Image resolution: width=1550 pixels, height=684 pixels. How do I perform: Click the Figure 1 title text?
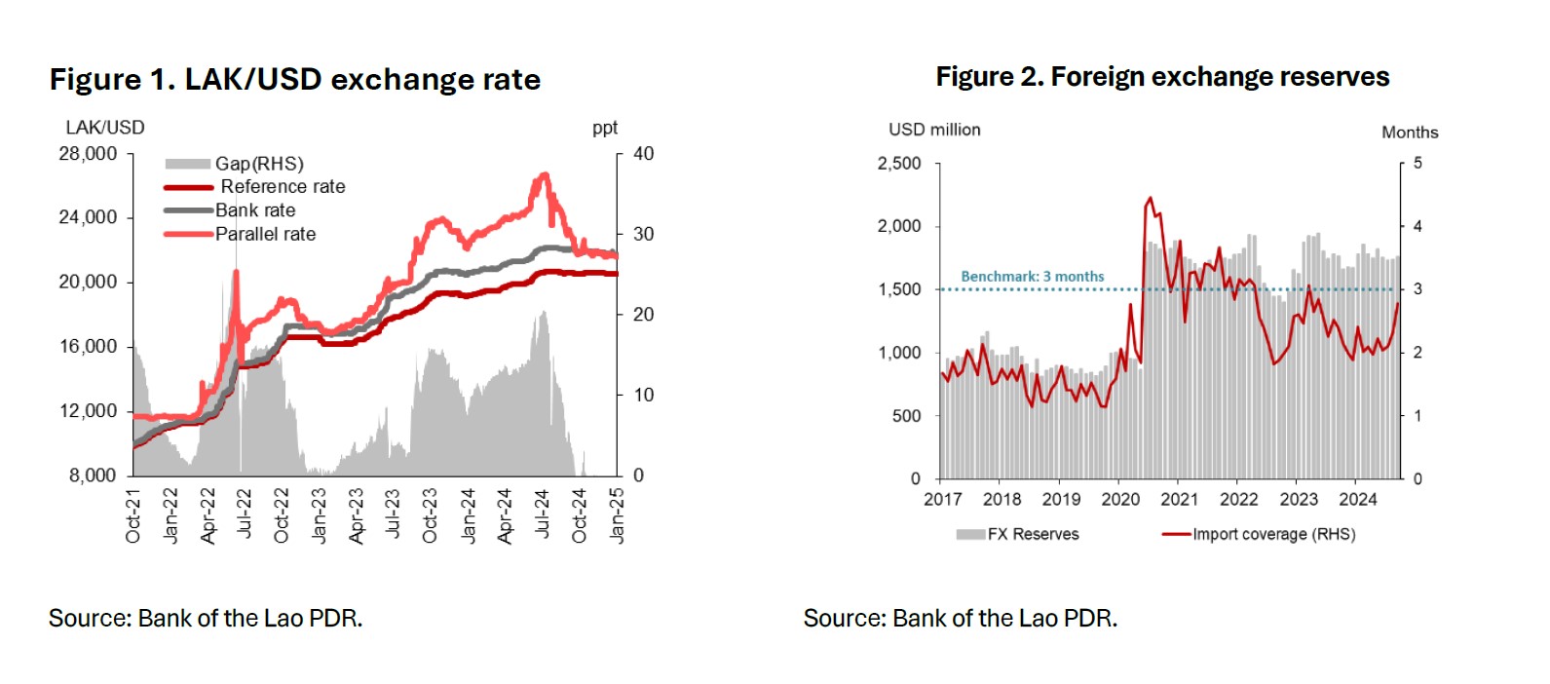[294, 79]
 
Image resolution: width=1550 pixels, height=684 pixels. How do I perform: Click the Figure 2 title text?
[1162, 77]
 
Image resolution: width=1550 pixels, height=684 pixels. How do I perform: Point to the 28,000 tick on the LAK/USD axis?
[88, 154]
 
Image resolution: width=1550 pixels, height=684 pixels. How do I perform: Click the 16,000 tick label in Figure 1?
[88, 347]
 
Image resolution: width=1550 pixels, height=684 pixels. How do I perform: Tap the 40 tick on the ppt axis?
[643, 154]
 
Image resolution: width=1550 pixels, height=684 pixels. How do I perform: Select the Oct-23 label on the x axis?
[430, 515]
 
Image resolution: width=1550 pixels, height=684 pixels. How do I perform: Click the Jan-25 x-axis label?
[616, 515]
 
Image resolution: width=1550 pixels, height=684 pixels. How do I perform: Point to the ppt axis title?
[605, 128]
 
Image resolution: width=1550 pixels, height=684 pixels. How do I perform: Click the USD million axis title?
[934, 130]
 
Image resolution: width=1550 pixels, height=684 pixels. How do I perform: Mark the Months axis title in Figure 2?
[1409, 133]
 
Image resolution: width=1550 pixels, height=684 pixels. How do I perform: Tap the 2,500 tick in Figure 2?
[898, 164]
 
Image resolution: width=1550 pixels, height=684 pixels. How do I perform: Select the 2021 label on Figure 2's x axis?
[1179, 500]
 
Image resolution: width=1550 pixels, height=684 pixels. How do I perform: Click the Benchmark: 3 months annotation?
[1032, 277]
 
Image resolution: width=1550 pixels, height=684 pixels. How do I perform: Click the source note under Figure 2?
[960, 619]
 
